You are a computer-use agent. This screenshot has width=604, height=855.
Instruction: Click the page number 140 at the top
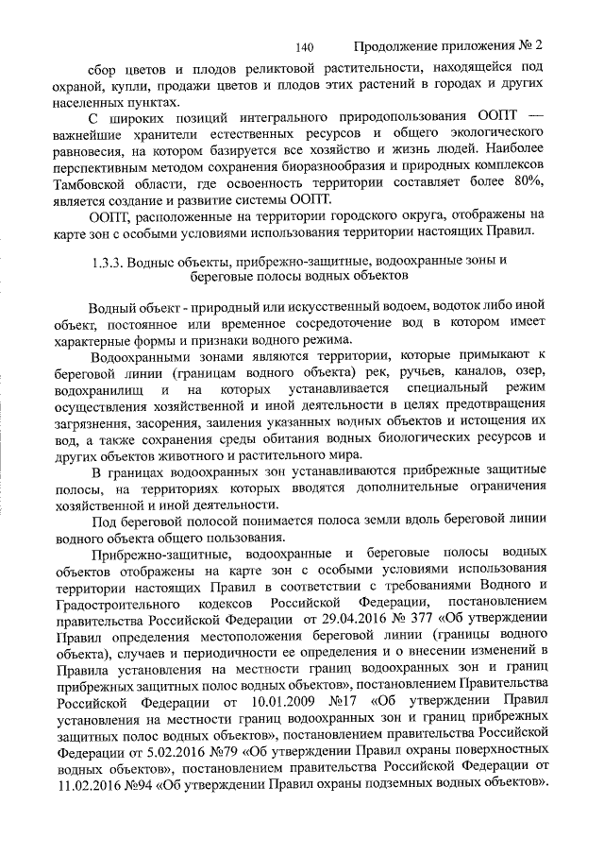click(304, 45)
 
